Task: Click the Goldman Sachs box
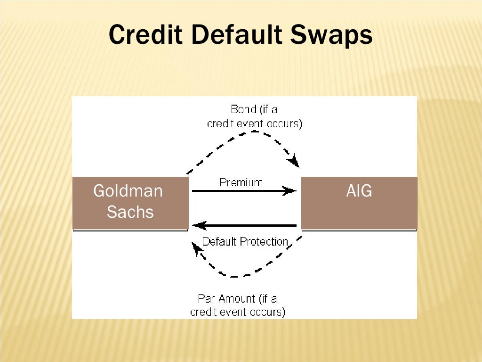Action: [130, 203]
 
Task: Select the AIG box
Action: [359, 203]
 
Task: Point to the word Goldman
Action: [128, 191]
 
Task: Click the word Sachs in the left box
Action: [130, 212]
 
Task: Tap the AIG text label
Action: [359, 191]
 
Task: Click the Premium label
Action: [241, 182]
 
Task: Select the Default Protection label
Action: [245, 242]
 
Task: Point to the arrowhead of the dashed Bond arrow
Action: [294, 162]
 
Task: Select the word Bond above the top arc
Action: [243, 109]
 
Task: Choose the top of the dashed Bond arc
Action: [254, 132]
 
